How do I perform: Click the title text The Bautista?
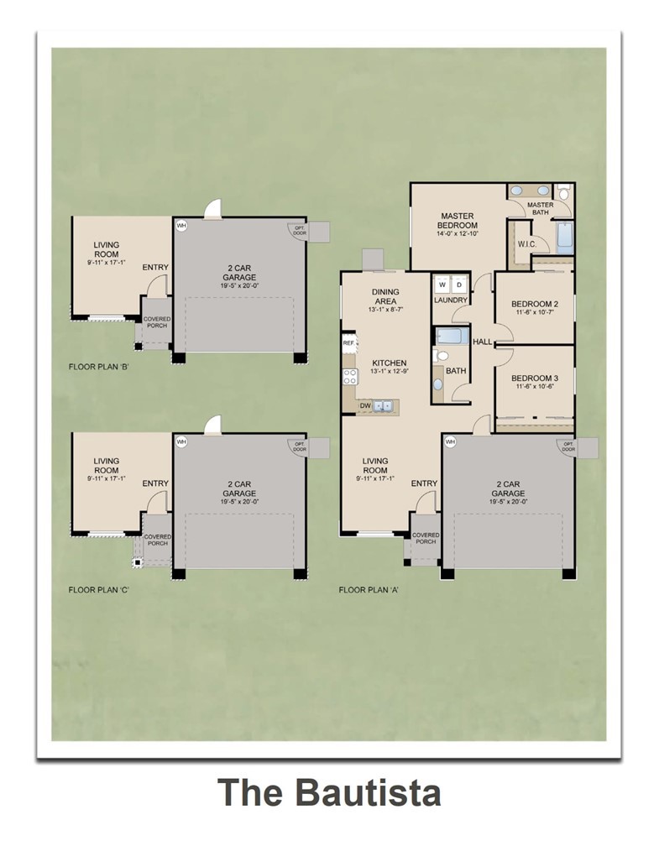pyautogui.click(x=329, y=792)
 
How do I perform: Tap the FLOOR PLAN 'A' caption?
pyautogui.click(x=368, y=590)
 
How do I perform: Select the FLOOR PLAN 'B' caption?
pyautogui.click(x=98, y=368)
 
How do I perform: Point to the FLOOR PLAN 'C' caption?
pyautogui.click(x=98, y=590)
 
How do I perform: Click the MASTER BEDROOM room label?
pyautogui.click(x=457, y=221)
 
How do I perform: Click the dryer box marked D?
pyautogui.click(x=458, y=284)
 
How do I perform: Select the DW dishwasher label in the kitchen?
pyautogui.click(x=364, y=405)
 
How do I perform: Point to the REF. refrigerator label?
pyautogui.click(x=348, y=343)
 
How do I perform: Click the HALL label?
pyautogui.click(x=482, y=342)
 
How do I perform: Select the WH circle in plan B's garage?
pyautogui.click(x=181, y=225)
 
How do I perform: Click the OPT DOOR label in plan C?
pyautogui.click(x=297, y=446)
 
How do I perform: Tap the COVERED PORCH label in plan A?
pyautogui.click(x=425, y=538)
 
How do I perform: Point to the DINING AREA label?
pyautogui.click(x=385, y=296)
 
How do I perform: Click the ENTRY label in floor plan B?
pyautogui.click(x=155, y=268)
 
